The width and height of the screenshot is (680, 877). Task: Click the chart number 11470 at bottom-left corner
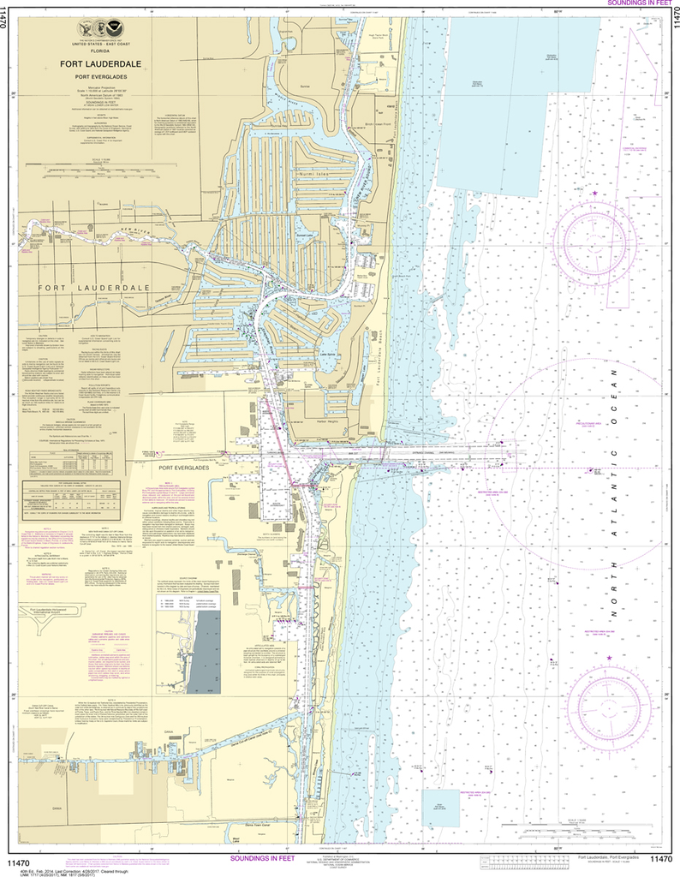coord(20,859)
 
